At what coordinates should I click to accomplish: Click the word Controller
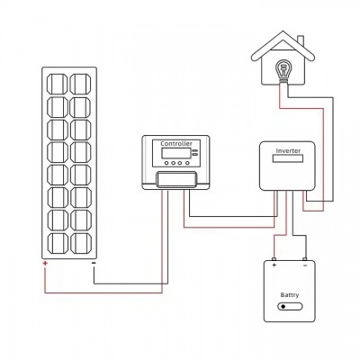[176, 144]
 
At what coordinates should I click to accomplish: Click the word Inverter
[288, 150]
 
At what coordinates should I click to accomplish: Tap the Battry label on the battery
[290, 295]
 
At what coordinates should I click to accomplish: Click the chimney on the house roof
[301, 43]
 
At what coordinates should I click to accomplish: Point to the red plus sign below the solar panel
[45, 264]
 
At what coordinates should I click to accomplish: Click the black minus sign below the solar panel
[94, 264]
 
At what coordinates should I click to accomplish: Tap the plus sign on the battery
[274, 265]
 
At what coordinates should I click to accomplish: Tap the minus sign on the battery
[305, 265]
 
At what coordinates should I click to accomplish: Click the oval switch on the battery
[290, 307]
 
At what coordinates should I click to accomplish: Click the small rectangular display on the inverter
[288, 158]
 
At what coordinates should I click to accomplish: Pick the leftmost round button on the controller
[166, 163]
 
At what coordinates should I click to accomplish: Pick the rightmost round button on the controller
[187, 163]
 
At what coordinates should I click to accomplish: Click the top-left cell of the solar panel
[58, 84]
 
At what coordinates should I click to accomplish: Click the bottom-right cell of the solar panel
[80, 243]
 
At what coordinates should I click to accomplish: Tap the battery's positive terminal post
[274, 259]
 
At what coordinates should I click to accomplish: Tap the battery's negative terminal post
[305, 259]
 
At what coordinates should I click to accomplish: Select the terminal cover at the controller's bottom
[176, 179]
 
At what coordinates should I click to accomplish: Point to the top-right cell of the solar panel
[80, 84]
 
